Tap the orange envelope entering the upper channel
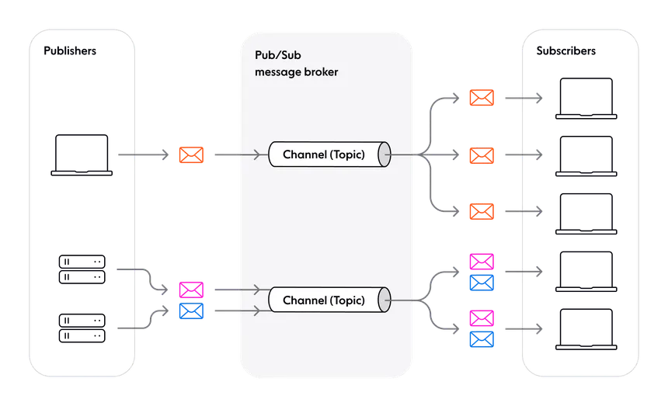(x=191, y=155)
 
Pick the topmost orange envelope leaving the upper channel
(x=482, y=99)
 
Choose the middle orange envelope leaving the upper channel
(x=482, y=155)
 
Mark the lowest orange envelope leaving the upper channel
(x=482, y=211)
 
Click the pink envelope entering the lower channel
(x=191, y=290)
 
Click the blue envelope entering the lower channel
(x=191, y=311)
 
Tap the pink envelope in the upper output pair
(x=482, y=262)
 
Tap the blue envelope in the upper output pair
(x=482, y=283)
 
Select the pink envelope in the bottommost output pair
(x=482, y=318)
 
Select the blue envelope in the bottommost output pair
(x=482, y=339)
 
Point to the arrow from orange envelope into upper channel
(x=237, y=155)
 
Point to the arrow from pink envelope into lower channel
(x=237, y=290)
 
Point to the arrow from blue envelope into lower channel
(x=237, y=311)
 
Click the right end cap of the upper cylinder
(x=384, y=154)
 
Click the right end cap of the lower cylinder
(x=384, y=300)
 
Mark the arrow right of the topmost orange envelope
(x=523, y=99)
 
